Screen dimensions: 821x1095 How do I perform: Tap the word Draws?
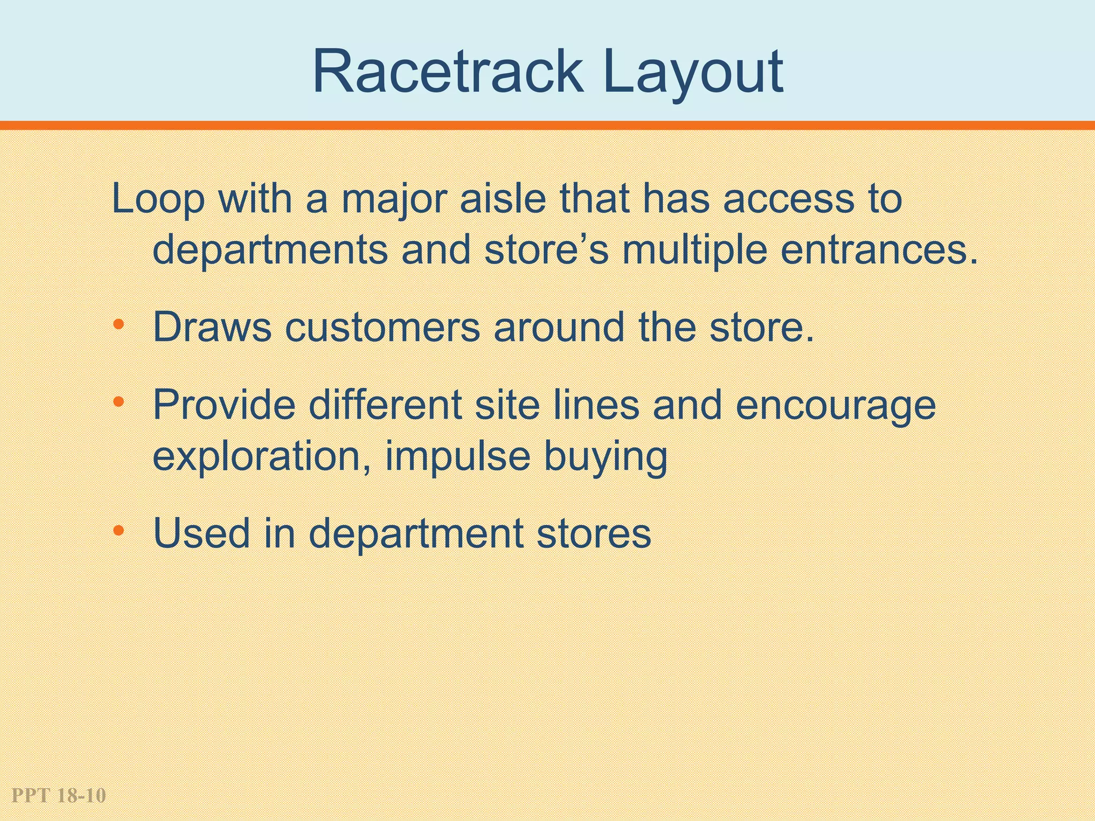[x=212, y=327]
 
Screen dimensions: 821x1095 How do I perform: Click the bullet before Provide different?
[x=119, y=401]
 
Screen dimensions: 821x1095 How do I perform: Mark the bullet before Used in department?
[x=119, y=531]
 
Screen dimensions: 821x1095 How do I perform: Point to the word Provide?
[x=224, y=405]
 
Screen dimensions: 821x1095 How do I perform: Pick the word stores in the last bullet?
[x=593, y=534]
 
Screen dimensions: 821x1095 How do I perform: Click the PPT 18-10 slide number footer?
[x=59, y=796]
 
